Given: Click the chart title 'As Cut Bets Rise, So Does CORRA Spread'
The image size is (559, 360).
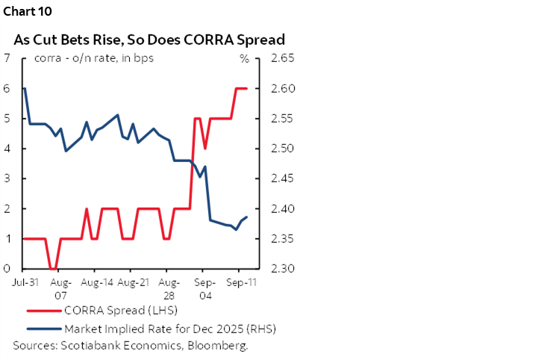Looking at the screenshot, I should coord(149,40).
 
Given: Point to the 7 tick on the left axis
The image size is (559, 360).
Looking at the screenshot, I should coord(7,58).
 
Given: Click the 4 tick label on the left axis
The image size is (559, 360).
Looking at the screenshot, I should coord(7,149).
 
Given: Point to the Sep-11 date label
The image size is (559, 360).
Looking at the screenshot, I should coord(238,284).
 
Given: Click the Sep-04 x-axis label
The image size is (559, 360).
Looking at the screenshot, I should coord(203,289).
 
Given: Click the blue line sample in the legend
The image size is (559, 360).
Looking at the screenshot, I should coord(43,328).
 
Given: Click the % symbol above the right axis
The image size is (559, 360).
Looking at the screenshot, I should coord(243,58).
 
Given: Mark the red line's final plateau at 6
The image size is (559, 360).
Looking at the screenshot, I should coord(241,88).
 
